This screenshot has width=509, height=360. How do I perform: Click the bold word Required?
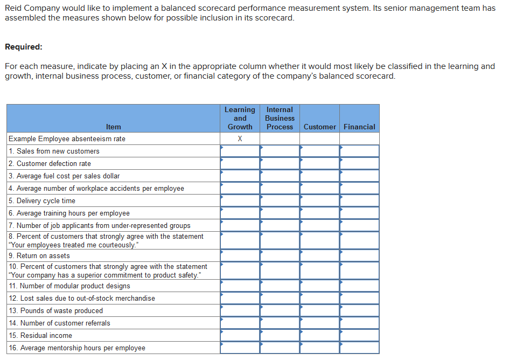tap(23, 47)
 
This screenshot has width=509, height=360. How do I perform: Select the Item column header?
tap(114, 127)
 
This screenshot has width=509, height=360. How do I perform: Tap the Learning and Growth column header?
tap(240, 118)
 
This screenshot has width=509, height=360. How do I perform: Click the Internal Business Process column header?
tap(280, 118)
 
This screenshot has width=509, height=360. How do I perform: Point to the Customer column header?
tap(319, 127)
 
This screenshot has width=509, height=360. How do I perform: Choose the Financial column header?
tap(359, 127)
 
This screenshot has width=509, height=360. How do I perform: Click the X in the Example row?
tap(240, 139)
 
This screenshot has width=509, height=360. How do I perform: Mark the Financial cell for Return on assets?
tap(359, 255)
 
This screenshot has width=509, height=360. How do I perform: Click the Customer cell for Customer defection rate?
tap(319, 164)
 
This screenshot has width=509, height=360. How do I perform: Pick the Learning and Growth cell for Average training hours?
tap(240, 213)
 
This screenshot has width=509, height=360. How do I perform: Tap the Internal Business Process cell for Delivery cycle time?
tap(280, 201)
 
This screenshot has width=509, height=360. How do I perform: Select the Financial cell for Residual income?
tap(359, 336)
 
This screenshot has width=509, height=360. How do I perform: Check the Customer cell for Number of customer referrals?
tap(319, 323)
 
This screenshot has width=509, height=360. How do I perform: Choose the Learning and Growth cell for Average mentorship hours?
tap(240, 348)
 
